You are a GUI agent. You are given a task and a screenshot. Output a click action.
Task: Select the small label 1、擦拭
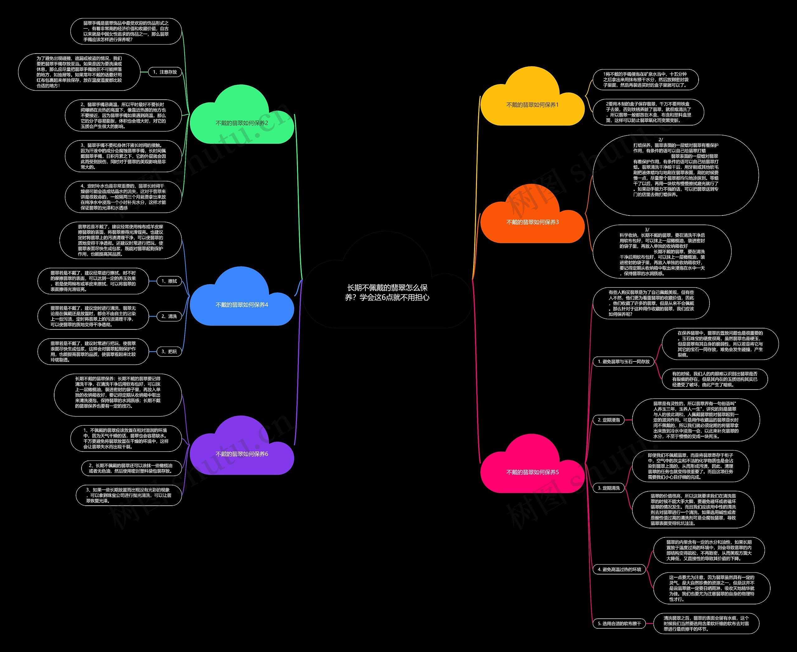169,281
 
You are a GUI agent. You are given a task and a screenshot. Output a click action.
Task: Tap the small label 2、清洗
169,316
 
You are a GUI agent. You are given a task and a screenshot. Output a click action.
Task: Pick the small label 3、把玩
169,352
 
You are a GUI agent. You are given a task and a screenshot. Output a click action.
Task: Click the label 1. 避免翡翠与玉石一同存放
624,362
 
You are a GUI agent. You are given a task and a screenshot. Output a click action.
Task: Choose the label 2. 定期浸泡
608,420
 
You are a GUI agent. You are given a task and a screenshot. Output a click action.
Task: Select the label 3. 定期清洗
608,488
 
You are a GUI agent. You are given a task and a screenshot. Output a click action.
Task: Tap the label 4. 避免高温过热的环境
619,569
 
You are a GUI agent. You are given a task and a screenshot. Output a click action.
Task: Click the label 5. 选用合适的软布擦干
619,623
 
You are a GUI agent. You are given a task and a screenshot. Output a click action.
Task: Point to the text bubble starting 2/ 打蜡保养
676,175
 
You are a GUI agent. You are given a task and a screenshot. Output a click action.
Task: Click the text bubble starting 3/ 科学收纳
662,251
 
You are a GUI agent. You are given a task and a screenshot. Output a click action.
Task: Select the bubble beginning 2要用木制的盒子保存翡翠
648,112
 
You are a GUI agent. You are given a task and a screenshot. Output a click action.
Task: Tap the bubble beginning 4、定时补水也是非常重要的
123,197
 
